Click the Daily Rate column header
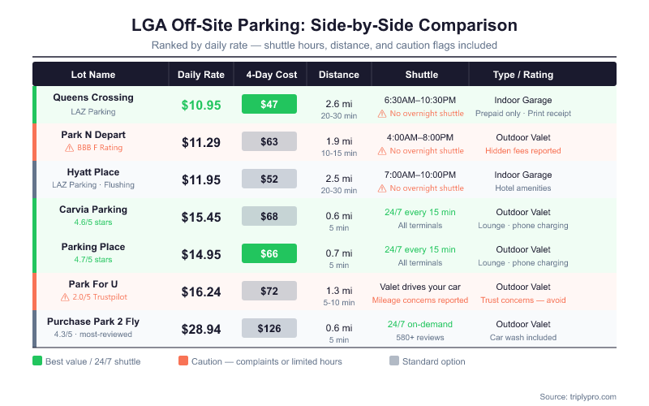click(x=201, y=75)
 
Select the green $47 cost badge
click(x=269, y=104)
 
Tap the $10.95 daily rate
click(x=201, y=104)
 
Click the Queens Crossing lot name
click(x=93, y=97)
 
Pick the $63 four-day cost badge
click(x=269, y=141)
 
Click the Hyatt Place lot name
click(x=93, y=172)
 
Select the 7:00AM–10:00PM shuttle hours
click(x=422, y=175)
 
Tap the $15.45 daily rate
click(x=201, y=216)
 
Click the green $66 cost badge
click(x=269, y=253)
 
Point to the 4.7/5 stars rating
click(x=93, y=260)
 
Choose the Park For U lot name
click(x=93, y=284)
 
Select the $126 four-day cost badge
click(x=269, y=328)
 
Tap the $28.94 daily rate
click(x=201, y=328)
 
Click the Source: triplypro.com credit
click(x=578, y=396)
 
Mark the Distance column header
click(x=339, y=75)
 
